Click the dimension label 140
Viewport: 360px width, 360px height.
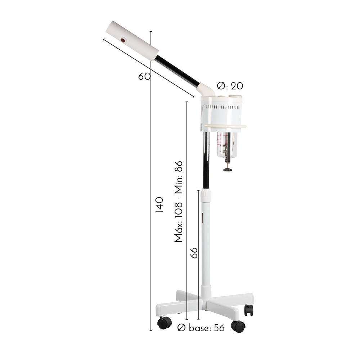159,204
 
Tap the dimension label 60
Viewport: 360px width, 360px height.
144,76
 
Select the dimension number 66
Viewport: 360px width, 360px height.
194,253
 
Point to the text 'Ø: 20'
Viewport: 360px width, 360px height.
230,86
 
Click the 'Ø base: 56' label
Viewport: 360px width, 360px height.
201,328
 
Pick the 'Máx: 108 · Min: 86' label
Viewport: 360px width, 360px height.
179,202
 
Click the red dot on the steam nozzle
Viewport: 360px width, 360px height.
123,40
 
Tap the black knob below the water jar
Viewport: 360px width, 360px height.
228,170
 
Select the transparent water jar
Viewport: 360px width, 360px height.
227,145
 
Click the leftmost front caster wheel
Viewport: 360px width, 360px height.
165,323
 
